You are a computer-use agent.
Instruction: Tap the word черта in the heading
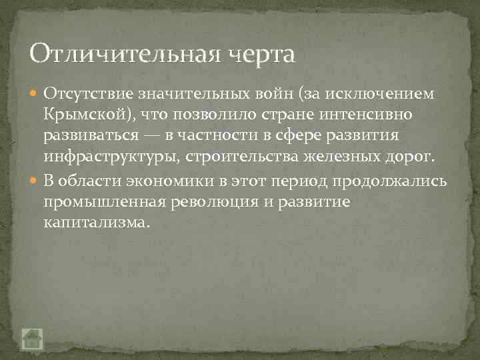click(257, 53)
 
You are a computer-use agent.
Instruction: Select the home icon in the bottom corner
click(32, 339)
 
